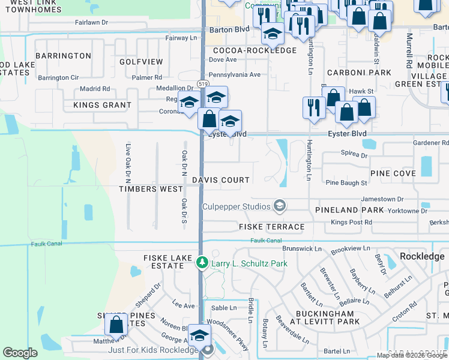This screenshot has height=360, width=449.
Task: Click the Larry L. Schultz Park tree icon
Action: [x=203, y=263]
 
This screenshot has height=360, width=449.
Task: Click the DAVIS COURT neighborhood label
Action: [x=220, y=180]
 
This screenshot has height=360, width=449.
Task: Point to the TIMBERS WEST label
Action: [x=150, y=189]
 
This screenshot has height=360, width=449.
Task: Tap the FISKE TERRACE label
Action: [x=271, y=227]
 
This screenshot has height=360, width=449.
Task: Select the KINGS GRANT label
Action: [x=102, y=106]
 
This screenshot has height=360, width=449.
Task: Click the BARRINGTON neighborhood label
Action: [x=63, y=56]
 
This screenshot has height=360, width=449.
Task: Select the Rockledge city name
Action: [x=422, y=256]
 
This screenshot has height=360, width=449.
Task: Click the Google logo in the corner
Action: [x=20, y=353]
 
